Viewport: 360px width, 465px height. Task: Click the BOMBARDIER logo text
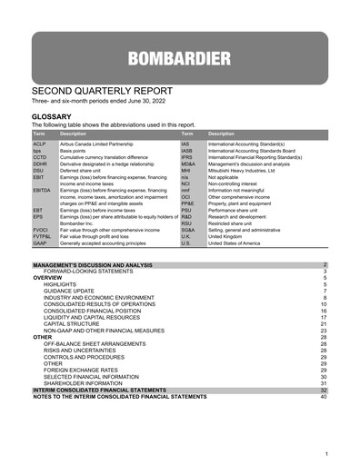[179, 61]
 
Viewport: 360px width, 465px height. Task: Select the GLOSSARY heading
[56, 117]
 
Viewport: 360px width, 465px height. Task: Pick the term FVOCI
[42, 230]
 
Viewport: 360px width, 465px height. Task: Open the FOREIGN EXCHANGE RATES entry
[85, 370]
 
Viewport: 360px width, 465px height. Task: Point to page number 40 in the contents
[323, 396]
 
